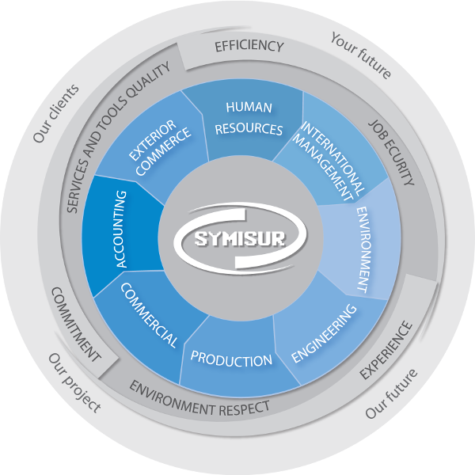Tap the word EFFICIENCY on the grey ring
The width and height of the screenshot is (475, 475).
pos(249,47)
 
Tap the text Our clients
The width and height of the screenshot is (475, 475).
pos(56,112)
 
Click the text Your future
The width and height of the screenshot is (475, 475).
pos(361,55)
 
